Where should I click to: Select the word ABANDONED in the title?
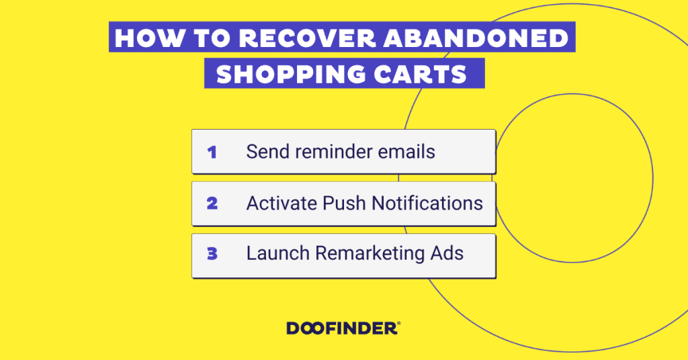(x=476, y=38)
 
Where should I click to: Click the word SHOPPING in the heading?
(x=291, y=74)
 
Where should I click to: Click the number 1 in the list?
(x=212, y=152)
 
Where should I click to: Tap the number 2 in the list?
(x=212, y=203)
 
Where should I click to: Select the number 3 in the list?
(x=212, y=253)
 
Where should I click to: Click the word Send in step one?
(x=267, y=152)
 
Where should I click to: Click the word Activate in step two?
(x=282, y=203)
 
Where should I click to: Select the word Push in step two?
(x=344, y=203)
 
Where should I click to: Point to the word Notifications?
(x=427, y=203)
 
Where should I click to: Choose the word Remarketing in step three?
(x=370, y=254)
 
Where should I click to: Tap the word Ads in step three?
(x=447, y=253)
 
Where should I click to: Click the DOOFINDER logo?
(x=343, y=328)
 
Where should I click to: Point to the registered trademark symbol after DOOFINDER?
(x=398, y=324)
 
